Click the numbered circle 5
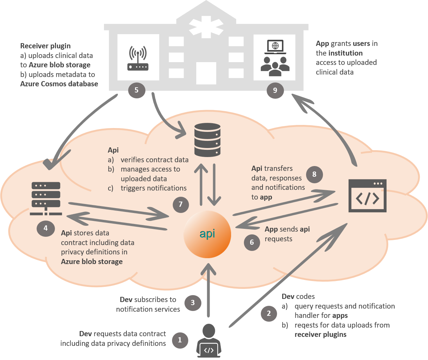coord(136,90)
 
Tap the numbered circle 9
coord(275,90)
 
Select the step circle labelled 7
coord(181,204)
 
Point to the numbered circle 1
coord(180,340)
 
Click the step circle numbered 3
coord(193,303)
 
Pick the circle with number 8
coord(314,174)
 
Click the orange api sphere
coord(207,234)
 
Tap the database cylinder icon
coord(207,140)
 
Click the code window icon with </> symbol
coord(367,196)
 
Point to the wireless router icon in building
coord(138,58)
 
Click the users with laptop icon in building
coord(275,58)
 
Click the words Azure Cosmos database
coord(59,84)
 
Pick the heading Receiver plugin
coord(45,46)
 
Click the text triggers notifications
coord(153,188)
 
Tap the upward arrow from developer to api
coord(208,290)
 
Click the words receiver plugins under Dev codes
coord(320,334)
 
